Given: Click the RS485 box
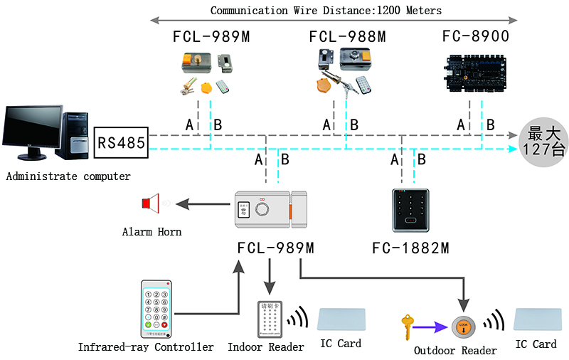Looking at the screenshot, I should [121, 143].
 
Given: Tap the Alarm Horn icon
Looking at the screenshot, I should [150, 204].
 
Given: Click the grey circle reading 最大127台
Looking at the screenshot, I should [543, 141].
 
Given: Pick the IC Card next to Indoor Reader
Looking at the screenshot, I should [341, 321].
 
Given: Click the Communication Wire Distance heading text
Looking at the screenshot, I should [326, 11].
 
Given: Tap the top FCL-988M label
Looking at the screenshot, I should [347, 36].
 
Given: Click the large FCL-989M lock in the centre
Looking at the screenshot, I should [270, 211].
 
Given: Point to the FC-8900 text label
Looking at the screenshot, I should [475, 36].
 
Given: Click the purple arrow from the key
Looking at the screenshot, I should [433, 327].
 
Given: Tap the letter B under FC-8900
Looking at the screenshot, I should [490, 125].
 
